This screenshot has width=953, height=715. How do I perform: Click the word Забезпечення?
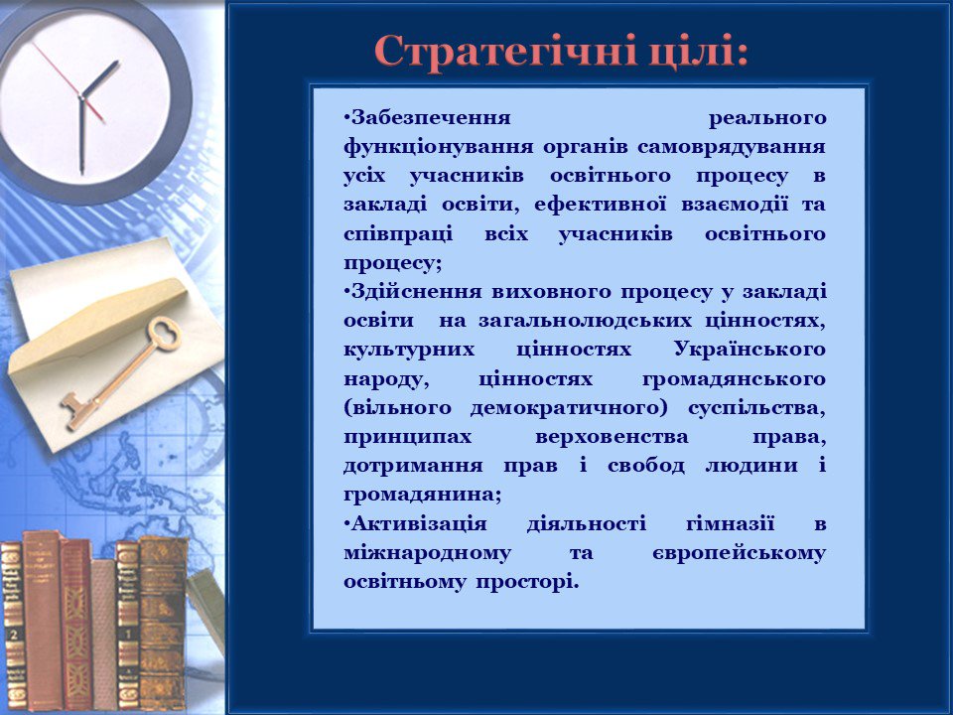[x=426, y=117]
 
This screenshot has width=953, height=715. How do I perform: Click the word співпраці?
[x=398, y=234]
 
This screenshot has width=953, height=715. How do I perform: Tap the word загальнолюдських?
[x=586, y=321]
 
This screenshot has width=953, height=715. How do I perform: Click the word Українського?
[x=750, y=351]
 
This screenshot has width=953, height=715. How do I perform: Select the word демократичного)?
[x=569, y=408]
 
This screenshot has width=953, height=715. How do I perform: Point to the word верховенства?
[x=613, y=438]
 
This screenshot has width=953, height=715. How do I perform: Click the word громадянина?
[x=423, y=495]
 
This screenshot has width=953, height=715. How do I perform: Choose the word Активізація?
[x=415, y=524]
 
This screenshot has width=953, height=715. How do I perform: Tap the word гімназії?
[x=731, y=524]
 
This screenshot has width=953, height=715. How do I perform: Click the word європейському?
[x=739, y=554]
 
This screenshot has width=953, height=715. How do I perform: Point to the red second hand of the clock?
[x=68, y=82]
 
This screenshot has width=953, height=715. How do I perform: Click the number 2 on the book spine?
[x=13, y=635]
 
